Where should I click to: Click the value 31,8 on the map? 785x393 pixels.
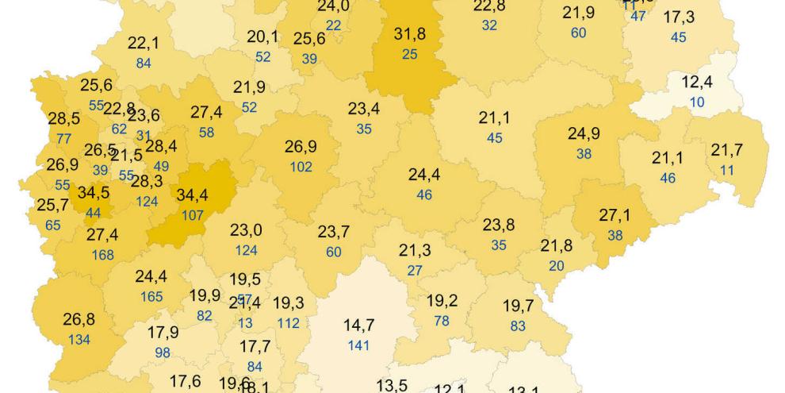pyautogui.click(x=409, y=36)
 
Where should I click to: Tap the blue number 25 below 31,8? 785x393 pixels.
pyautogui.click(x=409, y=53)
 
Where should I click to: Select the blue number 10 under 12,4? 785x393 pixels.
pyautogui.click(x=697, y=102)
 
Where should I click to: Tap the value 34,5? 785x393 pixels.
pyautogui.click(x=93, y=194)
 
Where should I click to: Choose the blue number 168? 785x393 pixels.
pyautogui.click(x=102, y=255)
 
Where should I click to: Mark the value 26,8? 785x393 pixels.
pyautogui.click(x=79, y=320)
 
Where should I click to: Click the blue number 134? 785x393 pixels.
pyautogui.click(x=79, y=340)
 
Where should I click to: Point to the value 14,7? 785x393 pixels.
pyautogui.click(x=358, y=326)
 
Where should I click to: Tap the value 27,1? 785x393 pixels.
pyautogui.click(x=615, y=216)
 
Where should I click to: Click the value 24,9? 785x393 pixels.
pyautogui.click(x=584, y=134)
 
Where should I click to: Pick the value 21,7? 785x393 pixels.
pyautogui.click(x=727, y=150)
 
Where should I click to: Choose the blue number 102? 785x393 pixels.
pyautogui.click(x=301, y=167)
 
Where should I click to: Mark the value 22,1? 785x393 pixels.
pyautogui.click(x=143, y=44)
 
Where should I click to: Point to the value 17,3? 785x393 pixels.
pyautogui.click(x=679, y=17)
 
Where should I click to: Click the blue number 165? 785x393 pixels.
pyautogui.click(x=151, y=297)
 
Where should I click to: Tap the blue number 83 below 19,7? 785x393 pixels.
pyautogui.click(x=519, y=325)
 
